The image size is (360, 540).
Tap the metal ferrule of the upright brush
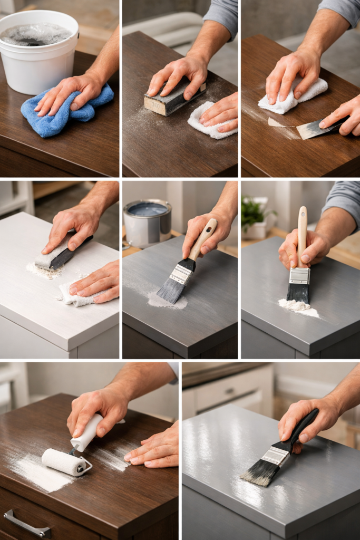pos(299,275)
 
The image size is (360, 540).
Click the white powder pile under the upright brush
pos(298,307)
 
